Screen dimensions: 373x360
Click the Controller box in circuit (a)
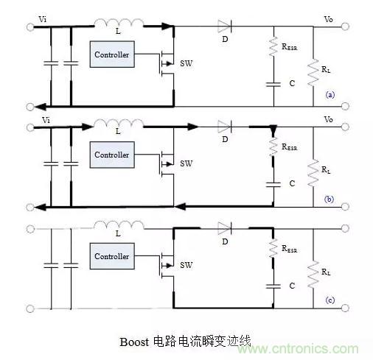point(112,54)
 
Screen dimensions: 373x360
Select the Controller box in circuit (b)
point(112,155)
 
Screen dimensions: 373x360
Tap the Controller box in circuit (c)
point(112,256)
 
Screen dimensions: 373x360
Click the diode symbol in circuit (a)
point(225,27)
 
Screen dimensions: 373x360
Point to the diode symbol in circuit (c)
point(225,228)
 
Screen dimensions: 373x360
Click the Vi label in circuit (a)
point(43,19)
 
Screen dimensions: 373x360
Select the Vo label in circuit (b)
point(329,119)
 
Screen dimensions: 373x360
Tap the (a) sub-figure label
point(330,95)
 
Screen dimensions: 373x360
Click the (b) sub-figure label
point(329,199)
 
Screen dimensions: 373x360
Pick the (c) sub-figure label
point(330,300)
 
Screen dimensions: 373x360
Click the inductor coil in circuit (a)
point(119,23)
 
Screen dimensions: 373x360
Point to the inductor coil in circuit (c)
point(119,225)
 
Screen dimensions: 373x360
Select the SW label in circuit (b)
point(186,163)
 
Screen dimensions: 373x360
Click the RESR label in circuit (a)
point(290,46)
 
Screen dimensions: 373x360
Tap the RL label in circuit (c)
point(326,272)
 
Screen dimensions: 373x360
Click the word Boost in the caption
point(134,342)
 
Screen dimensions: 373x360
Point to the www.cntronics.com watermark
point(298,349)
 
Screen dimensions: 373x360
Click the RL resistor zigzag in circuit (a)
point(313,72)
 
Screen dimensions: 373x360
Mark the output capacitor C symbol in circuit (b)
point(273,185)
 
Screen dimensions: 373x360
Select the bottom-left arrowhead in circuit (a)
point(40,107)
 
